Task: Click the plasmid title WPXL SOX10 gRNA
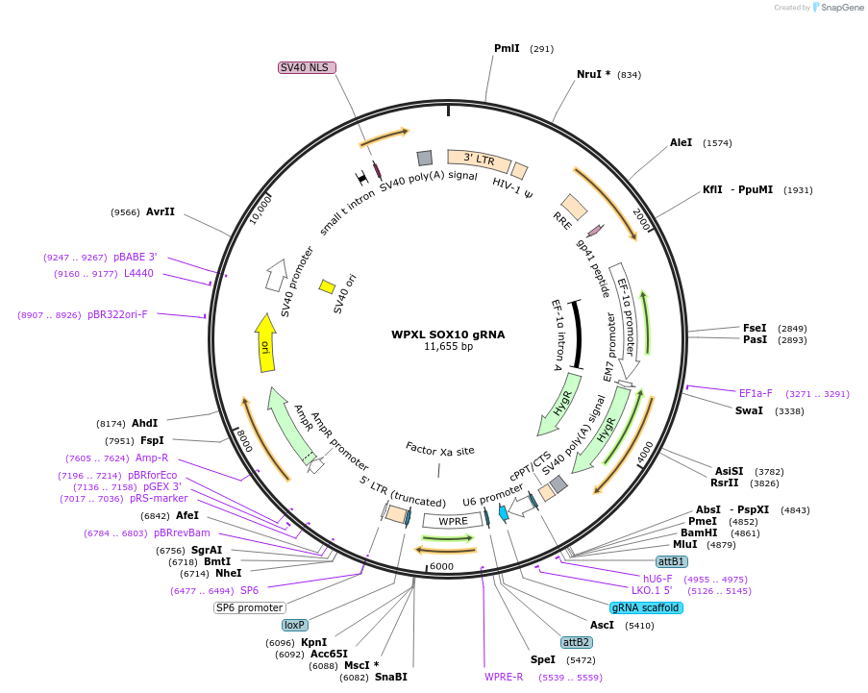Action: (447, 335)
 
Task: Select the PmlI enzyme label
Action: (507, 48)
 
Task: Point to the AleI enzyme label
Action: (681, 142)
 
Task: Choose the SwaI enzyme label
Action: (749, 410)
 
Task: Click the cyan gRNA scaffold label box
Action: (646, 607)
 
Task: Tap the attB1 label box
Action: (671, 561)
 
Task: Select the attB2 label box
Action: (577, 642)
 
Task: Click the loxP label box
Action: (294, 625)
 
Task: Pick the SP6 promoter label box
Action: (249, 607)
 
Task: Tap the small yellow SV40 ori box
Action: (327, 286)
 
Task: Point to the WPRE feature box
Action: (453, 521)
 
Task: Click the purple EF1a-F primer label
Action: (756, 393)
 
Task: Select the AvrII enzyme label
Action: (161, 211)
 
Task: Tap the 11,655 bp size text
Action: (448, 347)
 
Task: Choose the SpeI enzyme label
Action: (543, 660)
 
